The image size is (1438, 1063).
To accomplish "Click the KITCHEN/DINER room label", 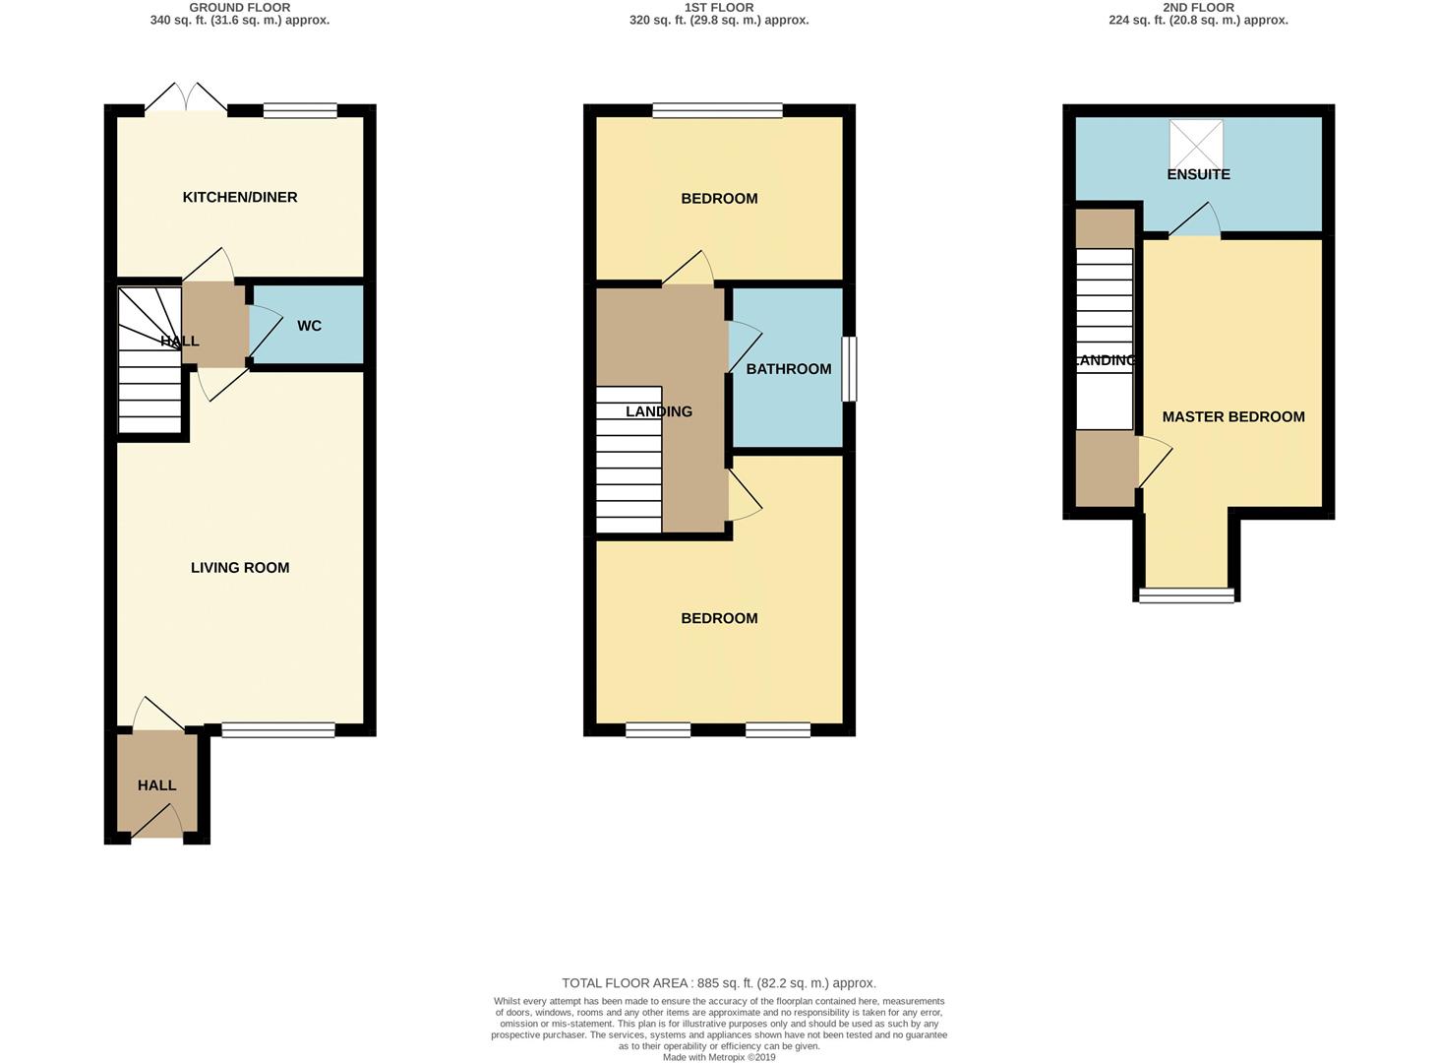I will point(240,197).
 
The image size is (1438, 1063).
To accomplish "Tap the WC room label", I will point(309,326).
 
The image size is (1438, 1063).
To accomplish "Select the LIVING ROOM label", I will point(240,567).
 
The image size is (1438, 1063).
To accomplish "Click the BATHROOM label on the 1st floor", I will point(788,369).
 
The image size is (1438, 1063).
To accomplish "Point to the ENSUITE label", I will point(1198,174).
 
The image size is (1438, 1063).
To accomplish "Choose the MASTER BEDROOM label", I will point(1233,416).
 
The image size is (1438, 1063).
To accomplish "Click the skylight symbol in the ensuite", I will point(1196,144).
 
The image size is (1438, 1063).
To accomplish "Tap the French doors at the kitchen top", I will point(187,99).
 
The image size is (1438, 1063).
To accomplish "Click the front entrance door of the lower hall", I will point(158,823).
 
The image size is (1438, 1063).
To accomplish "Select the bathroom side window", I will point(849,369).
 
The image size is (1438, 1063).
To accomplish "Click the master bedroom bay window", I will point(1186,594).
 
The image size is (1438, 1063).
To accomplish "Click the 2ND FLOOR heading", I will point(1198,7).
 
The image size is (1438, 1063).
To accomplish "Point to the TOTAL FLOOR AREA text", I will point(718,982).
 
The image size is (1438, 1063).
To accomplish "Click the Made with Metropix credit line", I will point(719,1057).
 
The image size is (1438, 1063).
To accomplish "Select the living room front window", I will point(278,729).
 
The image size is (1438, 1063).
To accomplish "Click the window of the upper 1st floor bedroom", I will point(718,111).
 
